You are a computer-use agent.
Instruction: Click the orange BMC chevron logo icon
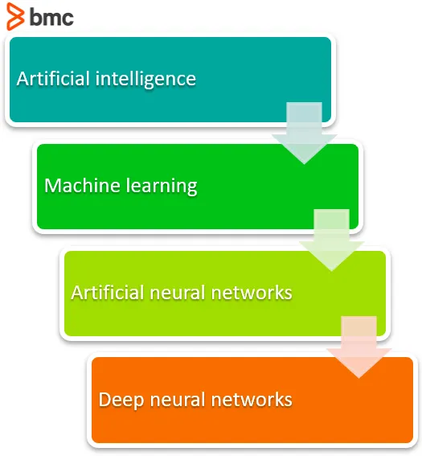click(x=15, y=16)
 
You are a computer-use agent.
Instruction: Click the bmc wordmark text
click(x=51, y=17)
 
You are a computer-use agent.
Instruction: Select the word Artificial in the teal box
click(x=53, y=79)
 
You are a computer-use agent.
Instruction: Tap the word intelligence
click(x=145, y=80)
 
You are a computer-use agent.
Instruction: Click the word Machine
click(x=82, y=185)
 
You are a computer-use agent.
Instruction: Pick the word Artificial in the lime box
click(x=108, y=292)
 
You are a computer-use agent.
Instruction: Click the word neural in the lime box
click(x=178, y=292)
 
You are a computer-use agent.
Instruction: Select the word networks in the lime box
click(x=252, y=292)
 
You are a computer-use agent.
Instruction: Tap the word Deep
click(x=121, y=401)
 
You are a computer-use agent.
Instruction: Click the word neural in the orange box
click(x=178, y=399)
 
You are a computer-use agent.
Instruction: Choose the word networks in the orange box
click(x=252, y=399)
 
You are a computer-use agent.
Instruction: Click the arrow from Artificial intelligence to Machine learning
click(x=305, y=134)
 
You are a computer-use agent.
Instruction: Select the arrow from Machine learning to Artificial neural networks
click(x=332, y=240)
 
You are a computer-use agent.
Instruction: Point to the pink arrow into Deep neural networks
click(x=359, y=347)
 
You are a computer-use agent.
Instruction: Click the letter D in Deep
click(x=104, y=399)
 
